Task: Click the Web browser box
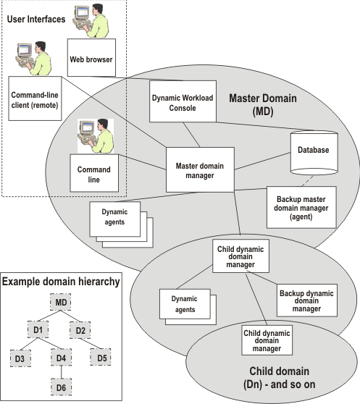90,59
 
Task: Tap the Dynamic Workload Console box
183,101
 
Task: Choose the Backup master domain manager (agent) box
302,207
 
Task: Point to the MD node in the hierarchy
62,300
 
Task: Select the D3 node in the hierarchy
20,357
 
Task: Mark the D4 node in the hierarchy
62,357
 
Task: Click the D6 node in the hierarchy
62,387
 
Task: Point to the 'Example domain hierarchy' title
60,279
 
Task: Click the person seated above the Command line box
97,133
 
